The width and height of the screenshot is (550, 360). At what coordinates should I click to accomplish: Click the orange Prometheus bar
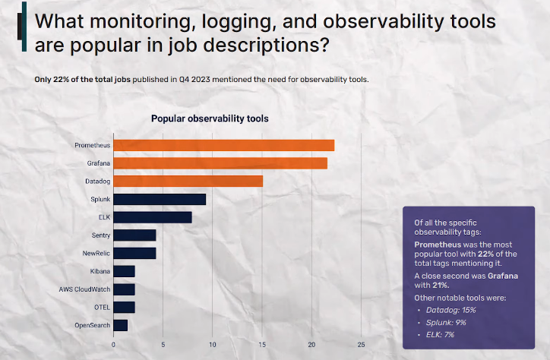point(223,145)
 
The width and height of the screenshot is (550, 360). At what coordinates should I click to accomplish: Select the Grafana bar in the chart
point(220,163)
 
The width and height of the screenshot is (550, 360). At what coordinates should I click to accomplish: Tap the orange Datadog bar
point(188,181)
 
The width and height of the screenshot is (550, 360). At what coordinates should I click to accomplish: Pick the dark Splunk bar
point(160,199)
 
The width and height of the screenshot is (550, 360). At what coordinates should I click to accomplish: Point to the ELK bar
point(152,217)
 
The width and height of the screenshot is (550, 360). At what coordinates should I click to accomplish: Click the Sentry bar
point(134,235)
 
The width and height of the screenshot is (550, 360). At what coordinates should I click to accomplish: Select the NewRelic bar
point(134,253)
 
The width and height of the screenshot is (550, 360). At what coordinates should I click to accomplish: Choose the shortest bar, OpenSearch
point(120,325)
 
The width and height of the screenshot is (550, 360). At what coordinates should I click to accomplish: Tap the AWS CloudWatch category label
point(84,289)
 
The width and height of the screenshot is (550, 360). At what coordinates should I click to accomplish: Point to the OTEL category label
point(100,308)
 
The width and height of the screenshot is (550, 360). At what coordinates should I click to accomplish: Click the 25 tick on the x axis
point(362,344)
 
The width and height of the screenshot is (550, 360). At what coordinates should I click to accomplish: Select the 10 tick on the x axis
point(213,344)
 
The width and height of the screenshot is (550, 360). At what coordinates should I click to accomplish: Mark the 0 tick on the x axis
point(113,344)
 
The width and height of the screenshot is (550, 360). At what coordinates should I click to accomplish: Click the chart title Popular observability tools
point(210,118)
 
